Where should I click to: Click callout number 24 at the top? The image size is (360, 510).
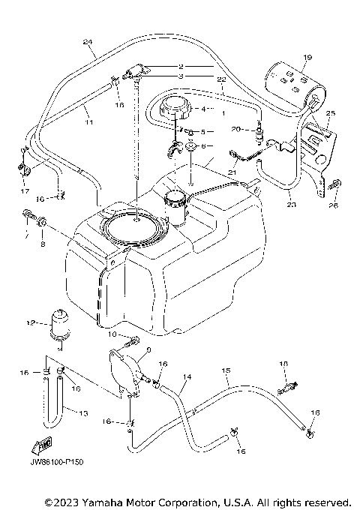(x=88, y=41)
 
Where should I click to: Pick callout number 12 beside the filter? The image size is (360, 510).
(x=31, y=323)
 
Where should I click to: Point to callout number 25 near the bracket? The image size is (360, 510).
(x=331, y=112)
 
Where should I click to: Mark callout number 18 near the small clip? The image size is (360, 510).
(x=282, y=363)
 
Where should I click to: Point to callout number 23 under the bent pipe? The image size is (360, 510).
(x=291, y=202)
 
